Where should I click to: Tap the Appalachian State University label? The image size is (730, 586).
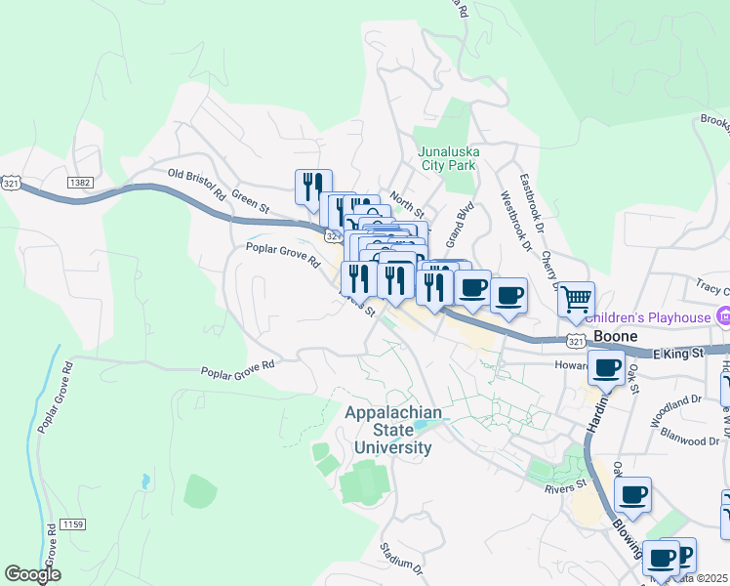pyautogui.click(x=387, y=431)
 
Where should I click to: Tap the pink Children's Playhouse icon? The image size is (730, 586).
pyautogui.click(x=723, y=316)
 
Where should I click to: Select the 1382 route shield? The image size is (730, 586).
pyautogui.click(x=80, y=183)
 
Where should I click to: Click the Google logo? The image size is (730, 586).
pyautogui.click(x=32, y=574)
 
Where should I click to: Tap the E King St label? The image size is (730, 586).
pyautogui.click(x=678, y=352)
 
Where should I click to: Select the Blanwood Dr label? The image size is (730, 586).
pyautogui.click(x=688, y=440)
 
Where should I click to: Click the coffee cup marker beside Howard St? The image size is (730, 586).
pyautogui.click(x=606, y=368)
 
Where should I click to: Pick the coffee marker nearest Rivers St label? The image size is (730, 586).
pyautogui.click(x=632, y=495)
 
